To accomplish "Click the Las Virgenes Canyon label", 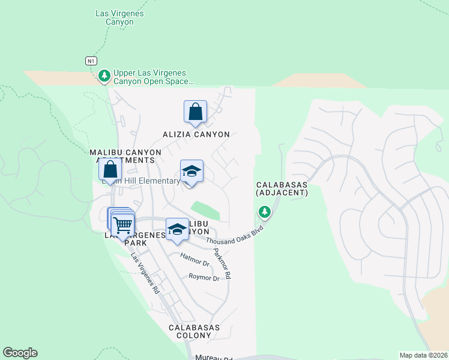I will tap(119, 17).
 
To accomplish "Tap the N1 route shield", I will tap(91, 61).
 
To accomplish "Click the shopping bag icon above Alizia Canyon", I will tap(195, 112).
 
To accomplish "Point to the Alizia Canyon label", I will tap(196, 134).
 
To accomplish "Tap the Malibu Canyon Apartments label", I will tap(125, 156).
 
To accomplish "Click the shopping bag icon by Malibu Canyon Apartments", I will tap(110, 169).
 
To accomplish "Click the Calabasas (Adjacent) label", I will tap(282, 188).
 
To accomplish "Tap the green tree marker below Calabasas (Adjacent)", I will tap(264, 211).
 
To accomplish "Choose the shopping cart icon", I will tap(122, 225).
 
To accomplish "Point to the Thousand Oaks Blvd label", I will tap(236, 233).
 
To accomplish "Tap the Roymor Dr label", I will tap(204, 277).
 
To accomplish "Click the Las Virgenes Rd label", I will tap(145, 272).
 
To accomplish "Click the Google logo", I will tap(20, 353).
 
